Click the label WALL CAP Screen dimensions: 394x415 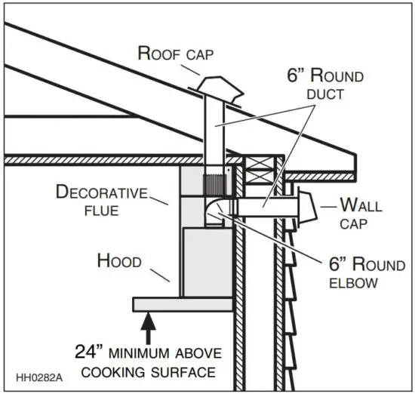(360, 212)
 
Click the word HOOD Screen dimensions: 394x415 (118, 261)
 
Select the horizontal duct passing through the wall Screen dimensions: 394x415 (264, 205)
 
